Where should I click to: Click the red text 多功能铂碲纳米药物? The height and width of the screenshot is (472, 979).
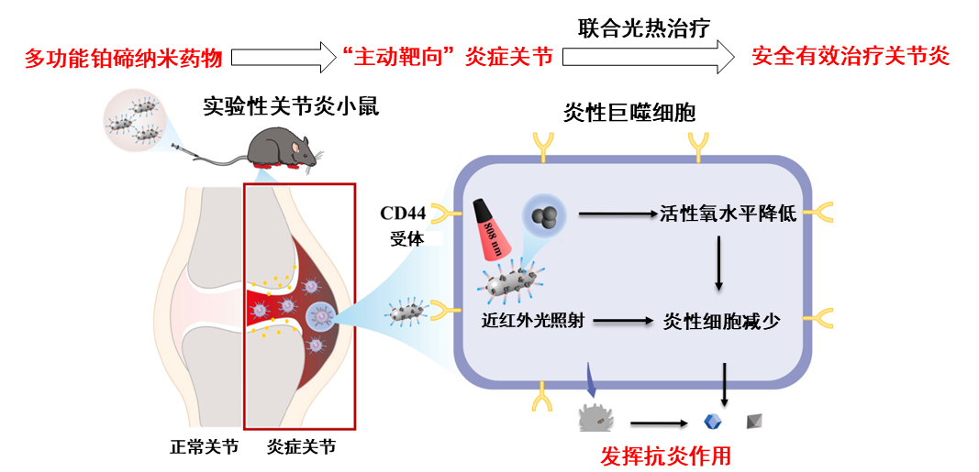pos(123,59)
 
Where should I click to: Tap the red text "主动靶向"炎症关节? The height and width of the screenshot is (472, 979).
pos(453,57)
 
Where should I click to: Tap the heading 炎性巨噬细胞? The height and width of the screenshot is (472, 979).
pos(629,113)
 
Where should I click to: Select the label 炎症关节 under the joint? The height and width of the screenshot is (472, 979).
pos(300,447)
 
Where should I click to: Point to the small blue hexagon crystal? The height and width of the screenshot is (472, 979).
pos(710,422)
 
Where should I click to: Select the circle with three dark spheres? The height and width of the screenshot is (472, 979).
pos(546,216)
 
